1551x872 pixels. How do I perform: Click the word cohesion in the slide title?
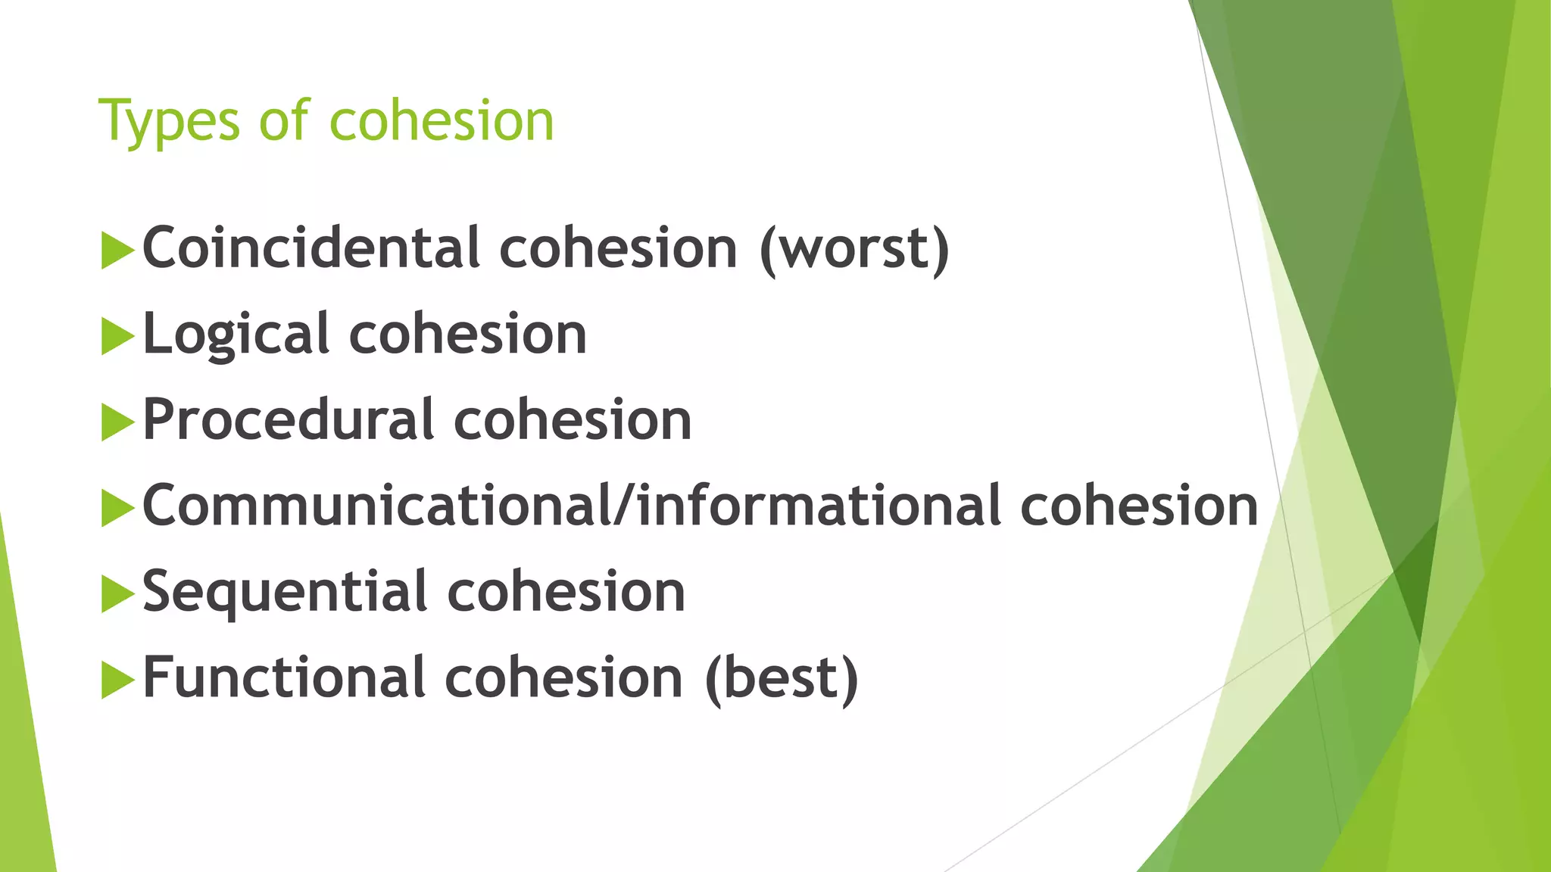point(442,121)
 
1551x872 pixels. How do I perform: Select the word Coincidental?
point(311,248)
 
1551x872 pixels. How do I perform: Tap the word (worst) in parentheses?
point(854,249)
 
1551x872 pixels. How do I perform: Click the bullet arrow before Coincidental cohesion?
point(117,250)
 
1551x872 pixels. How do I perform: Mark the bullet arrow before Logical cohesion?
point(117,336)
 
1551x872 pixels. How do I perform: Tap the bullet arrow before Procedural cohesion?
point(117,422)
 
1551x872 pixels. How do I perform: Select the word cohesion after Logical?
point(467,334)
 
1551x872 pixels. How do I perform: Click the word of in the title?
point(284,121)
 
